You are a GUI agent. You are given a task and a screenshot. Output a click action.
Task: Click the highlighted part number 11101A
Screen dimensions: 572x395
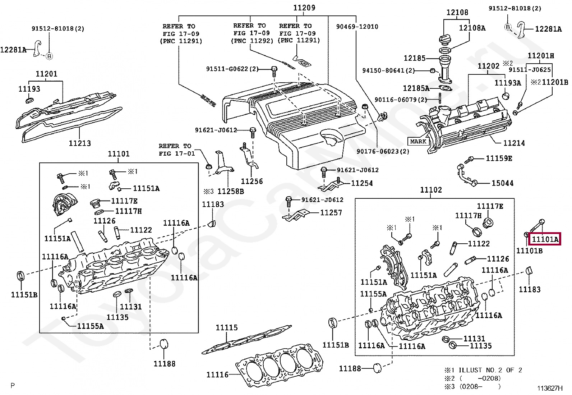545,239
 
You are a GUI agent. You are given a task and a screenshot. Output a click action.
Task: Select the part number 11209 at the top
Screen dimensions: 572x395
304,8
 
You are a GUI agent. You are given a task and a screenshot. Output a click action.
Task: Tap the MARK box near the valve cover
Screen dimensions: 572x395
418,141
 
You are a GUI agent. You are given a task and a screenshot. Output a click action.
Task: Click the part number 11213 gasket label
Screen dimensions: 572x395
80,143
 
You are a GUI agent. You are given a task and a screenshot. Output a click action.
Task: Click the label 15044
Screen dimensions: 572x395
503,183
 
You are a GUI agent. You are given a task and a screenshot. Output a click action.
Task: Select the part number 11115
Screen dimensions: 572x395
226,327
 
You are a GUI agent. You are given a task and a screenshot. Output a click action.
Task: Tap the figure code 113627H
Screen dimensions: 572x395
550,389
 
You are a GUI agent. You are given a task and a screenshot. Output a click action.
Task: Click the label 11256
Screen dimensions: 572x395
252,181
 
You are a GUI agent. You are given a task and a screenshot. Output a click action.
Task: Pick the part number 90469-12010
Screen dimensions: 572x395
357,27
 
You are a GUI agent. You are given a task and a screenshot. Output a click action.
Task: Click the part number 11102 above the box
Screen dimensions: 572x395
431,189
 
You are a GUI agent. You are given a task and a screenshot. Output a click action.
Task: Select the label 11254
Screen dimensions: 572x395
362,183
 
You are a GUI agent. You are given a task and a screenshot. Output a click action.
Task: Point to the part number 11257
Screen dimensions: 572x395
331,212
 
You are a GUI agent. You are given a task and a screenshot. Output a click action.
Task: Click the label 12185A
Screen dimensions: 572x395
416,88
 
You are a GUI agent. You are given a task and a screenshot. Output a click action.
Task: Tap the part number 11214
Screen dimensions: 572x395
514,143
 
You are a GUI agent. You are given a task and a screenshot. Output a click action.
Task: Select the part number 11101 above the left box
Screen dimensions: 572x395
119,153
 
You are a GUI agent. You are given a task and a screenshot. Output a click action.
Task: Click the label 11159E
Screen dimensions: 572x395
499,159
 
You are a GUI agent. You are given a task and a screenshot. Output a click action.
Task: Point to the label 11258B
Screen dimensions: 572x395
231,191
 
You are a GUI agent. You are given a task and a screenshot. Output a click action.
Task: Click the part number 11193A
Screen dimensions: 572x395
508,83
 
